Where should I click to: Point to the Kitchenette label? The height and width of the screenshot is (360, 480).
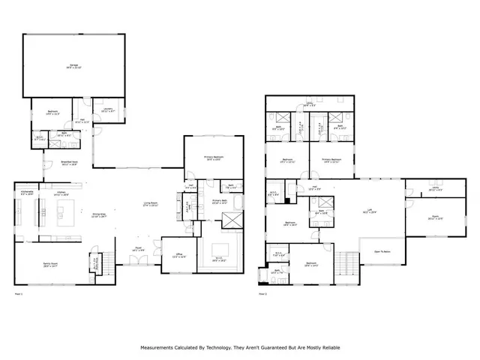27,193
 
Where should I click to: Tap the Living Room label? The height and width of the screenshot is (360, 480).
151,204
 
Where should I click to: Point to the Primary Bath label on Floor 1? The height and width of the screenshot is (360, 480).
220,202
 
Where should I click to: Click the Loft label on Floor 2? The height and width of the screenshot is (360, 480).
368,211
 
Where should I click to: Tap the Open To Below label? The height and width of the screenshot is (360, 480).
382,251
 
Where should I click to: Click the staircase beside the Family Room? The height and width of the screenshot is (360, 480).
107,262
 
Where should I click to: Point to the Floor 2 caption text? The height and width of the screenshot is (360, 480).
263,294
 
